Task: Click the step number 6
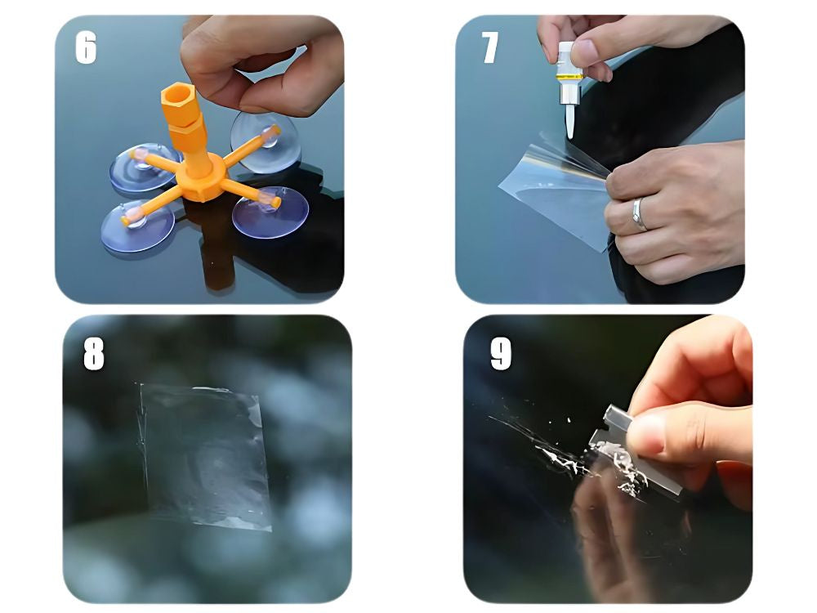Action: click(x=86, y=47)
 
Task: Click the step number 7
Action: click(x=489, y=47)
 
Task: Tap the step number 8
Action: click(x=94, y=355)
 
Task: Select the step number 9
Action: click(x=501, y=354)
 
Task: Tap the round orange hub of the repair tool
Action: click(x=201, y=178)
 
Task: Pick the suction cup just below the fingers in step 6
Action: click(x=266, y=141)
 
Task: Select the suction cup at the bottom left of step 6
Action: click(x=137, y=226)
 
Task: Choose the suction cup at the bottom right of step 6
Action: click(x=270, y=212)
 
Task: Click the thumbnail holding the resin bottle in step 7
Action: click(x=585, y=53)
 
